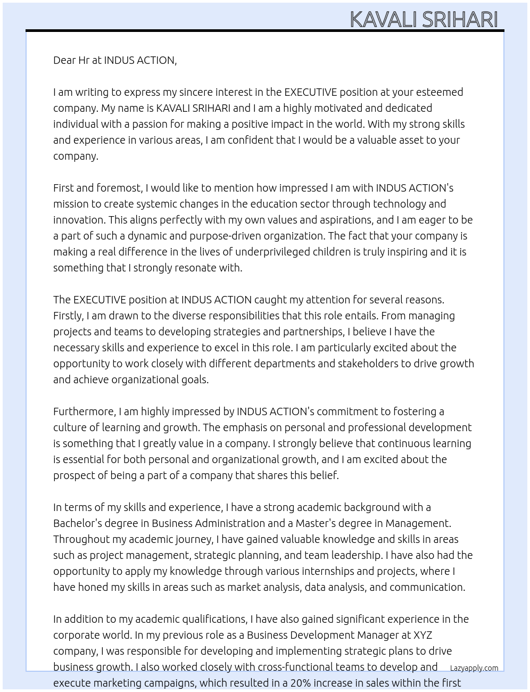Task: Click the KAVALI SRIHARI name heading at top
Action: pyautogui.click(x=424, y=20)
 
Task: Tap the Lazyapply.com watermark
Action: pyautogui.click(x=474, y=668)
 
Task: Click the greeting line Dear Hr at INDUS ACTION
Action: pyautogui.click(x=115, y=60)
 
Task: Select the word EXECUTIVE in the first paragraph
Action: pyautogui.click(x=310, y=92)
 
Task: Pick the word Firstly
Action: pyautogui.click(x=69, y=316)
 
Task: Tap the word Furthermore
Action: pyautogui.click(x=85, y=411)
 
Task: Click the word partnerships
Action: pyautogui.click(x=313, y=332)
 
